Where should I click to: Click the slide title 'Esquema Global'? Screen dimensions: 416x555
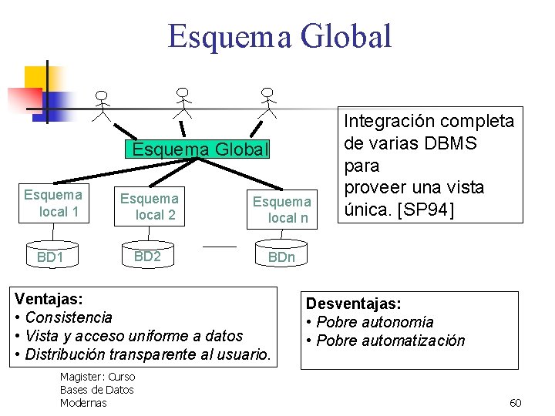click(280, 36)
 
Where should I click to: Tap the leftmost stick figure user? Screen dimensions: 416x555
click(102, 106)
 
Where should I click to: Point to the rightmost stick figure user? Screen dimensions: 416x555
click(267, 102)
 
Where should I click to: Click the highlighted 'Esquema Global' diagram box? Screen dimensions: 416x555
click(200, 148)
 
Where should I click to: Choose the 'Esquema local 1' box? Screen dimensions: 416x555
click(53, 203)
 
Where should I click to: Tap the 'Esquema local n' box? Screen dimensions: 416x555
click(282, 209)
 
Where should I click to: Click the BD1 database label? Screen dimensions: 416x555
click(50, 257)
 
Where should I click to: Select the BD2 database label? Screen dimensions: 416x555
click(146, 256)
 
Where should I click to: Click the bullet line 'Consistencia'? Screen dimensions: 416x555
click(69, 317)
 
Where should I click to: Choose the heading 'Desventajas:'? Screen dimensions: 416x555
click(354, 304)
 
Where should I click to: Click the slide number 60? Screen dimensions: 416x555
click(516, 403)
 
